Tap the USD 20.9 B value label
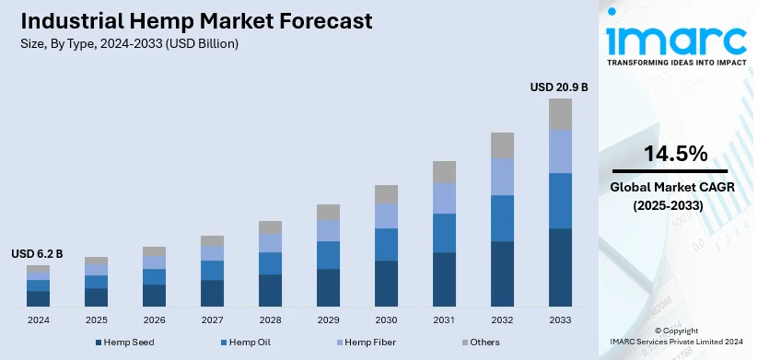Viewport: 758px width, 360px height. [x=558, y=87]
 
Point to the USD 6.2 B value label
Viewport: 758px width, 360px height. [x=37, y=253]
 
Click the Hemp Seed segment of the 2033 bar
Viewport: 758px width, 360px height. [x=560, y=267]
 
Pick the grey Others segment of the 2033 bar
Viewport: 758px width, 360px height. [x=560, y=114]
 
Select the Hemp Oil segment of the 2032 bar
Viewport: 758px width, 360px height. [x=502, y=218]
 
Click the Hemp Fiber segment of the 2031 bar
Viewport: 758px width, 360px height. [x=444, y=198]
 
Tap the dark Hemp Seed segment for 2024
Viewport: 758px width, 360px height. [x=38, y=298]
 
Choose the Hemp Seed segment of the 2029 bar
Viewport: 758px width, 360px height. [x=328, y=287]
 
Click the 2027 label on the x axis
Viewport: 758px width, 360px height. [x=212, y=319]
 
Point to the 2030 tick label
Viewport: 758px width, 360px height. [x=386, y=319]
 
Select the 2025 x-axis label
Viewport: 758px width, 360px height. [x=96, y=319]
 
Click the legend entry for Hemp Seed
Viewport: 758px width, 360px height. [x=125, y=343]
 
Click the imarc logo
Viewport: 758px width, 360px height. [x=675, y=41]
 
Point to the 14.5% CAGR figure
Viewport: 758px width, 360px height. [x=676, y=153]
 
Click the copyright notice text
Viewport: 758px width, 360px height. [x=677, y=335]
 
